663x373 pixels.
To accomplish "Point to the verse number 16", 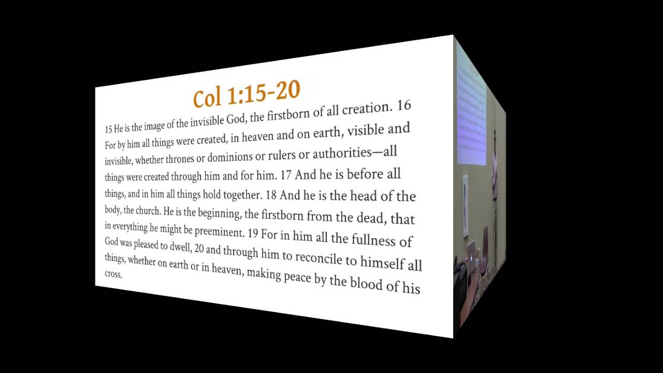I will click(404, 106).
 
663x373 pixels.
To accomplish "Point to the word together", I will click(236, 195).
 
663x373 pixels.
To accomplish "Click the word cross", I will click(113, 274).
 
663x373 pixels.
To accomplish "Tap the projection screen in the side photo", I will click(471, 109).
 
